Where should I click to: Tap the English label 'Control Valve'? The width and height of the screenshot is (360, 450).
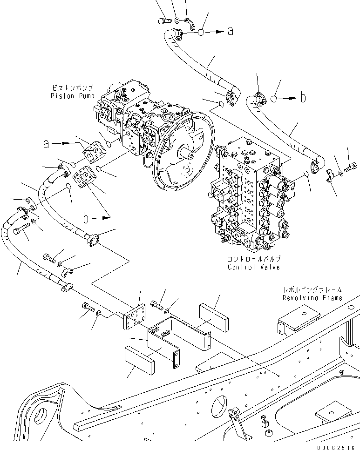[254, 267]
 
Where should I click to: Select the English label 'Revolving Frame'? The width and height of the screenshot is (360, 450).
[312, 298]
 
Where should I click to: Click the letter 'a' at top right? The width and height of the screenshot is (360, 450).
[230, 31]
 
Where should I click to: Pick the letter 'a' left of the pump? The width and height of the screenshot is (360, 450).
[46, 144]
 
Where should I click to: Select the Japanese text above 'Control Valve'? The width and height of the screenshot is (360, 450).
[254, 259]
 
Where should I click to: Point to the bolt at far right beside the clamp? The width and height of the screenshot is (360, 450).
[352, 166]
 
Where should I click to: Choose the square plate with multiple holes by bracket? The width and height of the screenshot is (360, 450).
[135, 318]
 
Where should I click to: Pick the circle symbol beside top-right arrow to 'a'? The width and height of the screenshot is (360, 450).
[201, 32]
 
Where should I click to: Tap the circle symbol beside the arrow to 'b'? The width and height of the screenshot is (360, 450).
[276, 99]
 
